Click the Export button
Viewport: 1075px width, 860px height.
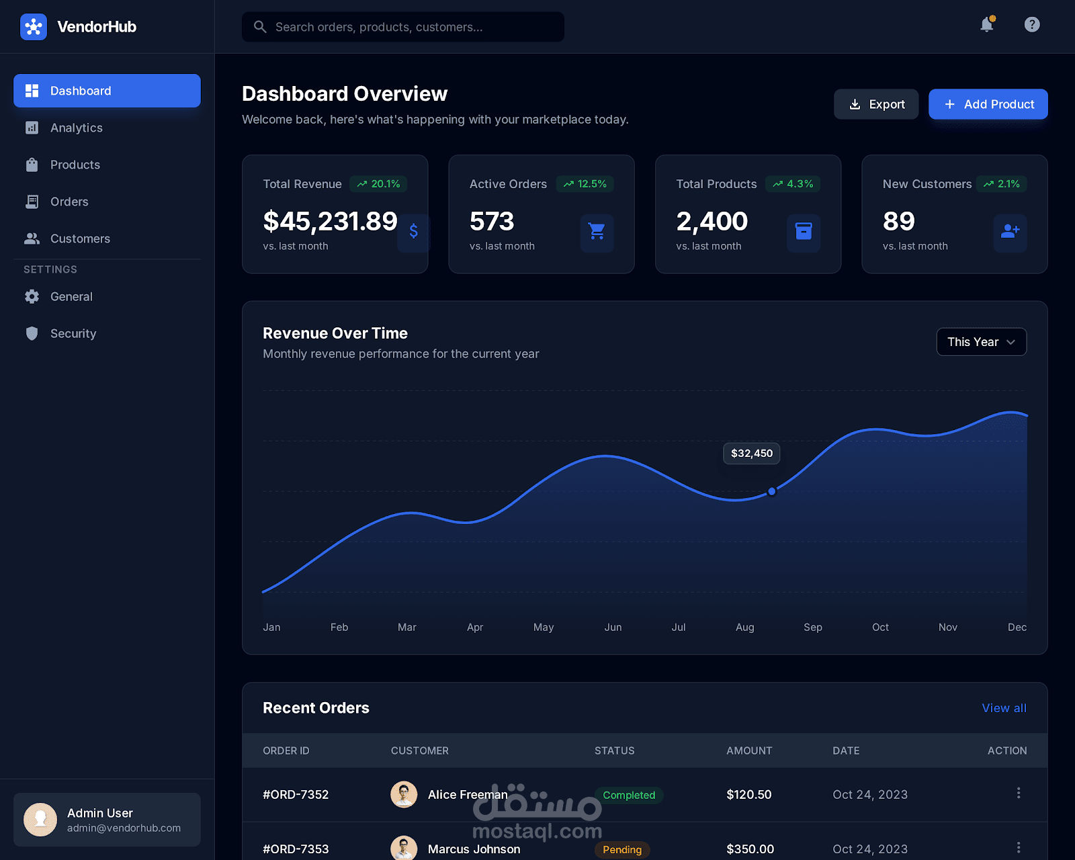876,104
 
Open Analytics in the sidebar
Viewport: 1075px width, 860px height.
76,128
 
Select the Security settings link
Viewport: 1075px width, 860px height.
73,333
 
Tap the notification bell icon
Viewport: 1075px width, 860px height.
986,25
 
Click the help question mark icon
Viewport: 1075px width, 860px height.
1032,25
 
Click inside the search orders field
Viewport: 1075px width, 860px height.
403,27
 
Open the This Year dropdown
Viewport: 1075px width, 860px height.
981,342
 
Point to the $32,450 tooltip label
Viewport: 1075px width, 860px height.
751,454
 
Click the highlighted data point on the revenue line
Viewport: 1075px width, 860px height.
771,491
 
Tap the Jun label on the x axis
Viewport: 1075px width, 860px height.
613,627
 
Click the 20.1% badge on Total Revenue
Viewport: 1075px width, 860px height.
379,184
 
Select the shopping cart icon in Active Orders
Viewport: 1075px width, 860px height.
597,232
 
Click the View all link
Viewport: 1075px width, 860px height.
1004,708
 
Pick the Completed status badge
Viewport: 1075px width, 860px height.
629,795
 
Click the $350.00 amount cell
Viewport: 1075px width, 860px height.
750,849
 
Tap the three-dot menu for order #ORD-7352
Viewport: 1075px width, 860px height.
1019,793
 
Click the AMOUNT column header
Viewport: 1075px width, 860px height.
749,750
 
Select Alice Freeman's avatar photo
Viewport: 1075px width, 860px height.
404,795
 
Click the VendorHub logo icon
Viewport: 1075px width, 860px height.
34,27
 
